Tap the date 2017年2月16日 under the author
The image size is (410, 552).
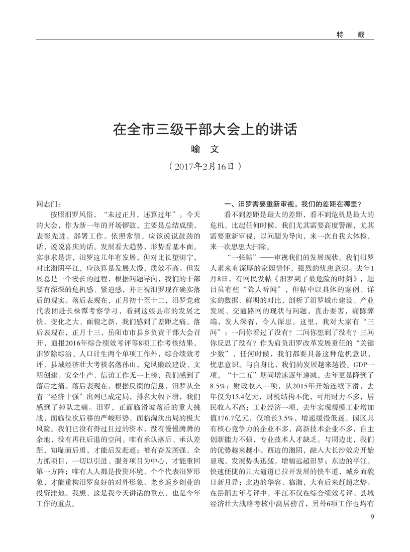[x=206, y=165]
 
